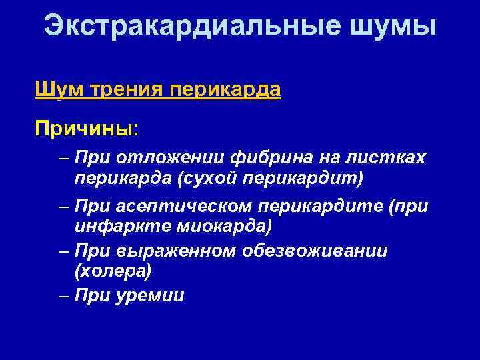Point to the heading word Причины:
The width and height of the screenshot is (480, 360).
click(x=87, y=126)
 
